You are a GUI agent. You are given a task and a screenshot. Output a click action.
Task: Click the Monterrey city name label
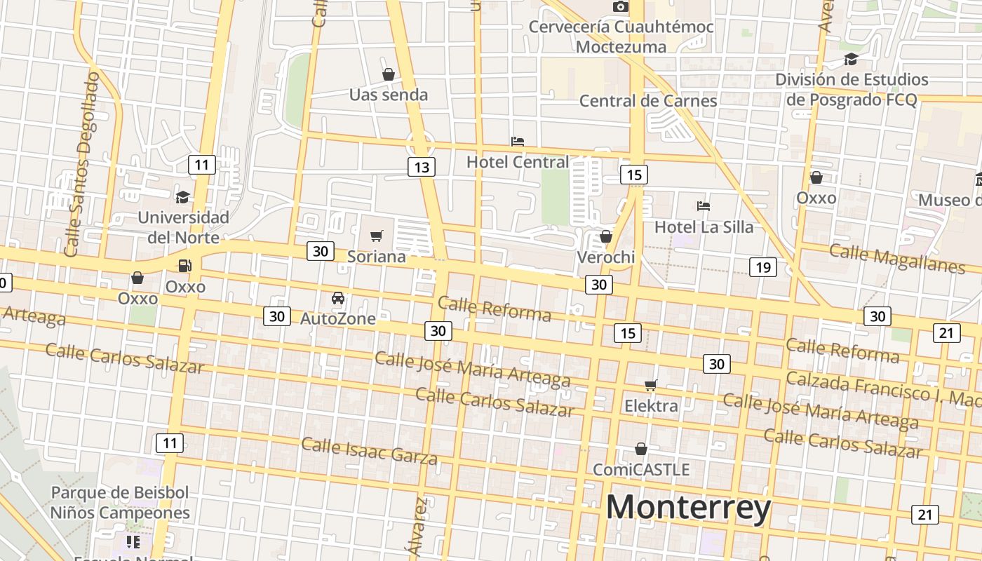(x=688, y=508)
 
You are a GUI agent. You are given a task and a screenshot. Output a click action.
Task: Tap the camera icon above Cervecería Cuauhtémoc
(x=620, y=7)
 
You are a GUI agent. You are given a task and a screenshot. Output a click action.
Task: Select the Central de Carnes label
(x=647, y=101)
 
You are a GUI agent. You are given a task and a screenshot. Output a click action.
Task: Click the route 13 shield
(x=421, y=167)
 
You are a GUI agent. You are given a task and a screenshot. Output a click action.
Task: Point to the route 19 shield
(x=762, y=266)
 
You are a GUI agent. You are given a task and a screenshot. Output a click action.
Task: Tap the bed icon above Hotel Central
(x=518, y=142)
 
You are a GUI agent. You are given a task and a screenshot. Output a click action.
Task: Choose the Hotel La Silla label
(x=704, y=227)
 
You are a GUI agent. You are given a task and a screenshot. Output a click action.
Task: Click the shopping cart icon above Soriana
(x=377, y=236)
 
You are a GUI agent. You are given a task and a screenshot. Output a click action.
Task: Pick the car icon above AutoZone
(x=338, y=298)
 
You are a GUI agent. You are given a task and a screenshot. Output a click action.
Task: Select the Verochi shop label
(x=605, y=257)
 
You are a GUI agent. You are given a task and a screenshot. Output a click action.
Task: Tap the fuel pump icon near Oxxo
(x=184, y=266)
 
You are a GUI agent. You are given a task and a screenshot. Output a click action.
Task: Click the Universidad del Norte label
(x=183, y=227)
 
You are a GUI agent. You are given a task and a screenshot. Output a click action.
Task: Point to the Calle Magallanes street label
(x=897, y=258)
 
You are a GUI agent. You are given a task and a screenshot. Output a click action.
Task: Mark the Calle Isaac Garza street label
(x=369, y=451)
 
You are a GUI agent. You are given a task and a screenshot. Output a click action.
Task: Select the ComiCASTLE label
(x=641, y=469)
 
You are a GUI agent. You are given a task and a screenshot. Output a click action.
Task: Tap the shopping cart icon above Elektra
(x=651, y=385)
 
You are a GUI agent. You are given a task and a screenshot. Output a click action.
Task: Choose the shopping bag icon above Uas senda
(x=388, y=74)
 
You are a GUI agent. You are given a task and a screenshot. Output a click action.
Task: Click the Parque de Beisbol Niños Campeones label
(x=119, y=502)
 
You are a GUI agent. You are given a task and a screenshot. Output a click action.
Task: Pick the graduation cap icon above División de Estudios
(x=851, y=59)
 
